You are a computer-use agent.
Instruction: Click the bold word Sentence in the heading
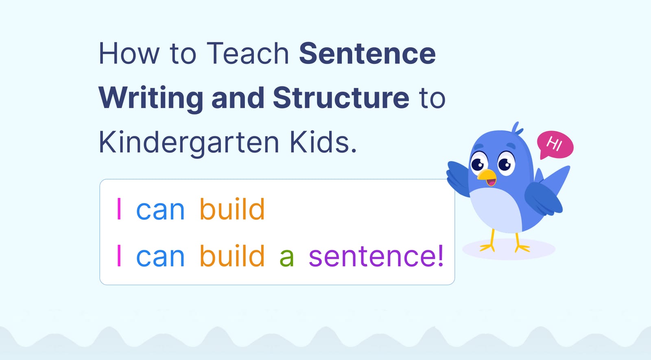tap(367, 54)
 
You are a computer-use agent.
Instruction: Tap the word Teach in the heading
tap(247, 54)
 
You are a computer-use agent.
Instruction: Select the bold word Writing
tap(151, 98)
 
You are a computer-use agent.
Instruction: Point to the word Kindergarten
tap(189, 143)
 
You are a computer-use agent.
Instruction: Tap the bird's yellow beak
tap(487, 176)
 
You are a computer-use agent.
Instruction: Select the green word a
tap(286, 257)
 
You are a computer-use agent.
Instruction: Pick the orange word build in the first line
tap(232, 209)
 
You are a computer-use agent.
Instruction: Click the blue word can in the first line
tap(160, 211)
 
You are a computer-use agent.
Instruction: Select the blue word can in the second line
tap(160, 257)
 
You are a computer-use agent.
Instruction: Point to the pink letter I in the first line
tap(119, 209)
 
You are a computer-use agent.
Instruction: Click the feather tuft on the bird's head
tap(516, 128)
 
